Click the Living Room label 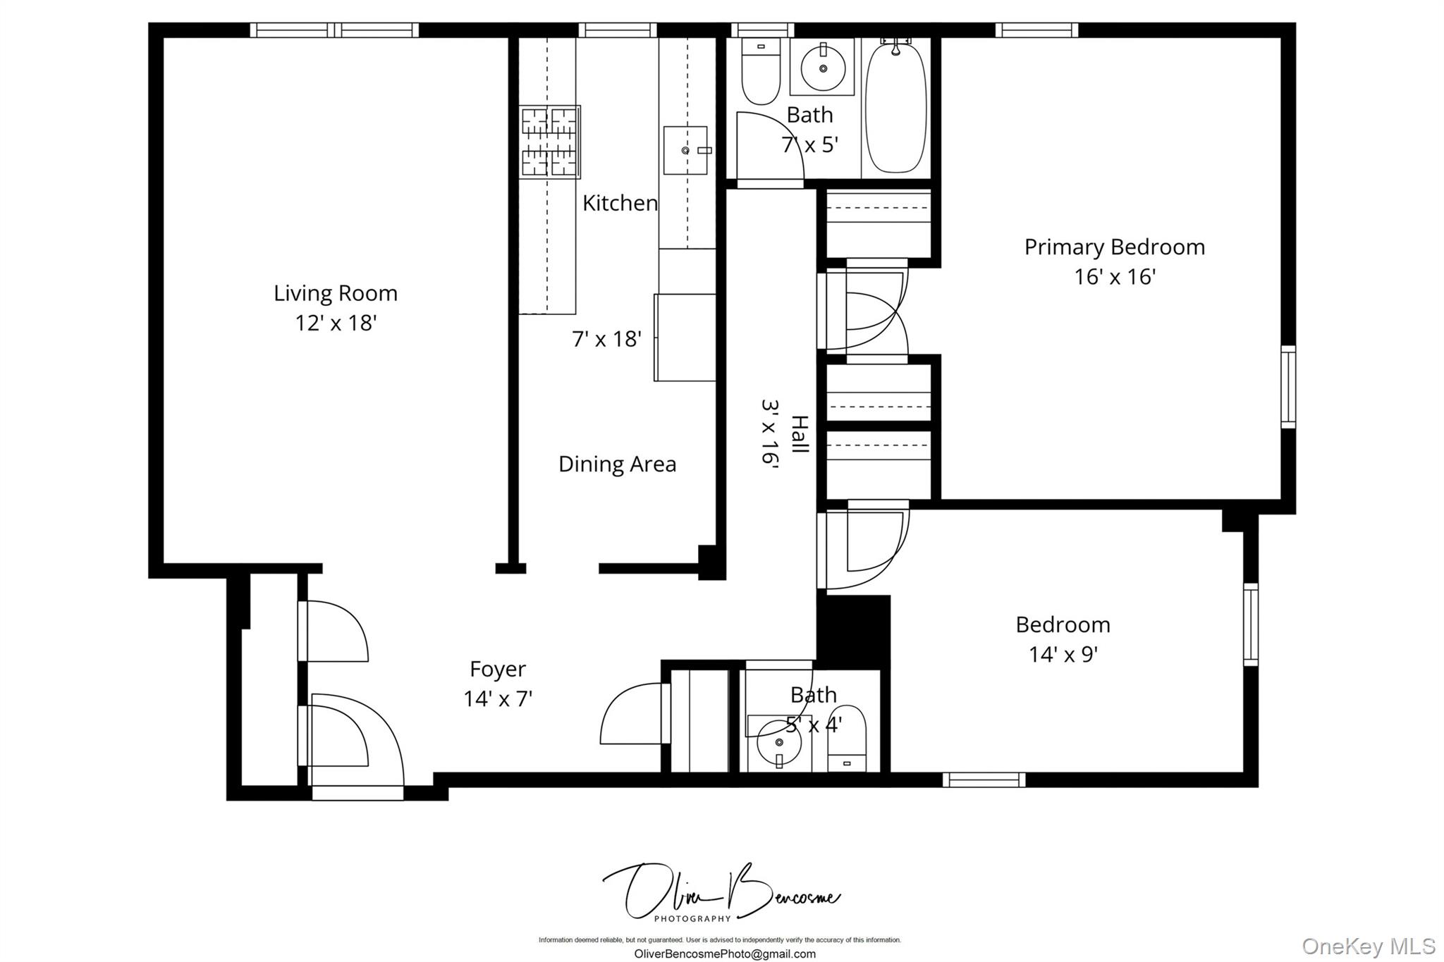[x=336, y=292]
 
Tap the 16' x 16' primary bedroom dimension [x=1114, y=276]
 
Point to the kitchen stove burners [x=550, y=141]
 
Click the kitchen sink [x=685, y=150]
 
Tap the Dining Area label [x=617, y=464]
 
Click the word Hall [x=800, y=433]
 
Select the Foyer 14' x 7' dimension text [x=497, y=698]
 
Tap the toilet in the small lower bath [x=846, y=740]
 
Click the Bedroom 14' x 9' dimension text [x=1063, y=654]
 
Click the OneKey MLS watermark [x=1368, y=945]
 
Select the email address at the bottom [x=725, y=954]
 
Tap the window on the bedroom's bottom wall [x=984, y=779]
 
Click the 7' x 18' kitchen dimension [x=606, y=339]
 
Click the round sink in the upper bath [x=822, y=68]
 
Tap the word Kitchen [x=620, y=203]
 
